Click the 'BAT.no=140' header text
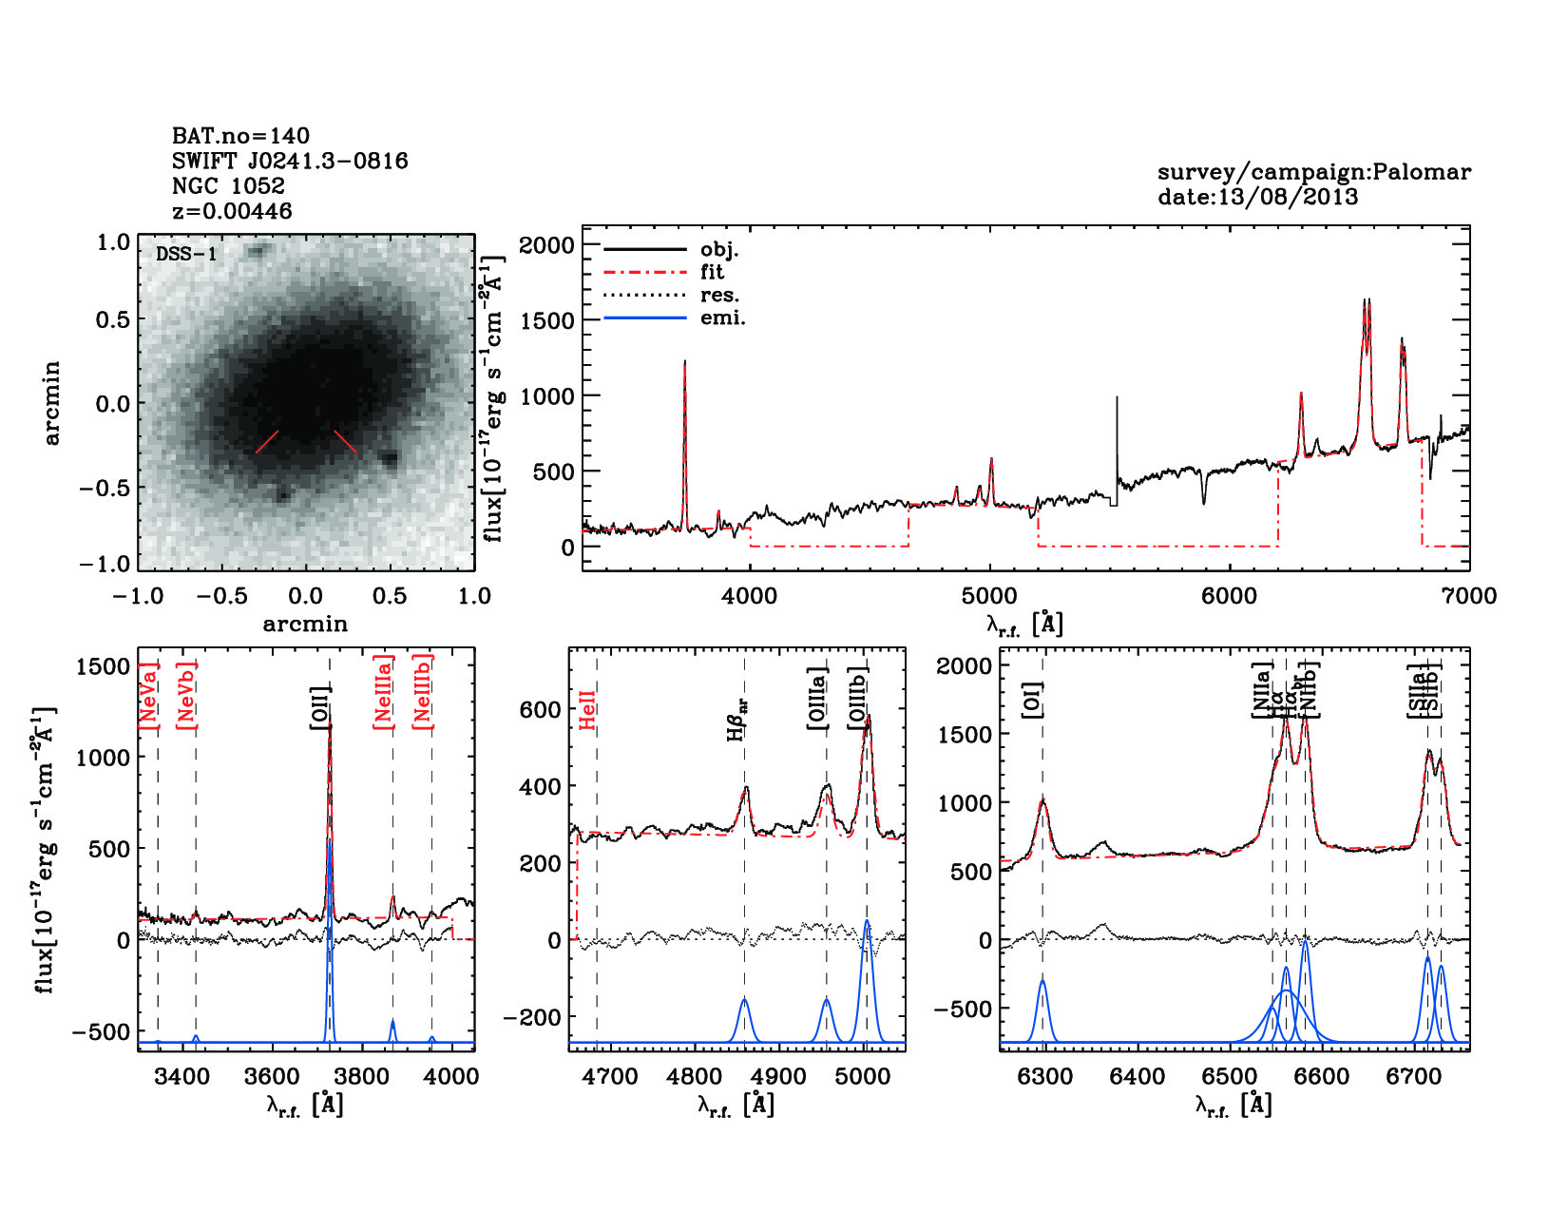tap(240, 136)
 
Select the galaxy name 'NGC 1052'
tap(228, 186)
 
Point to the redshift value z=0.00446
tap(232, 211)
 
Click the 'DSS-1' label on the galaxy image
tap(186, 254)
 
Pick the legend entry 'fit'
tap(712, 272)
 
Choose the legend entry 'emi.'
tap(722, 318)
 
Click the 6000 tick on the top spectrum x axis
tap(1230, 596)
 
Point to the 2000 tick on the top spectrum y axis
tap(546, 245)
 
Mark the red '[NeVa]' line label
tap(149, 695)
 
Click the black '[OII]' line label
tap(319, 707)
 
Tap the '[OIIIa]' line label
tap(817, 698)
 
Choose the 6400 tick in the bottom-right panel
tap(1137, 1077)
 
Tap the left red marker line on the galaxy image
tap(267, 442)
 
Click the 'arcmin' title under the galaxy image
tap(305, 625)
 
